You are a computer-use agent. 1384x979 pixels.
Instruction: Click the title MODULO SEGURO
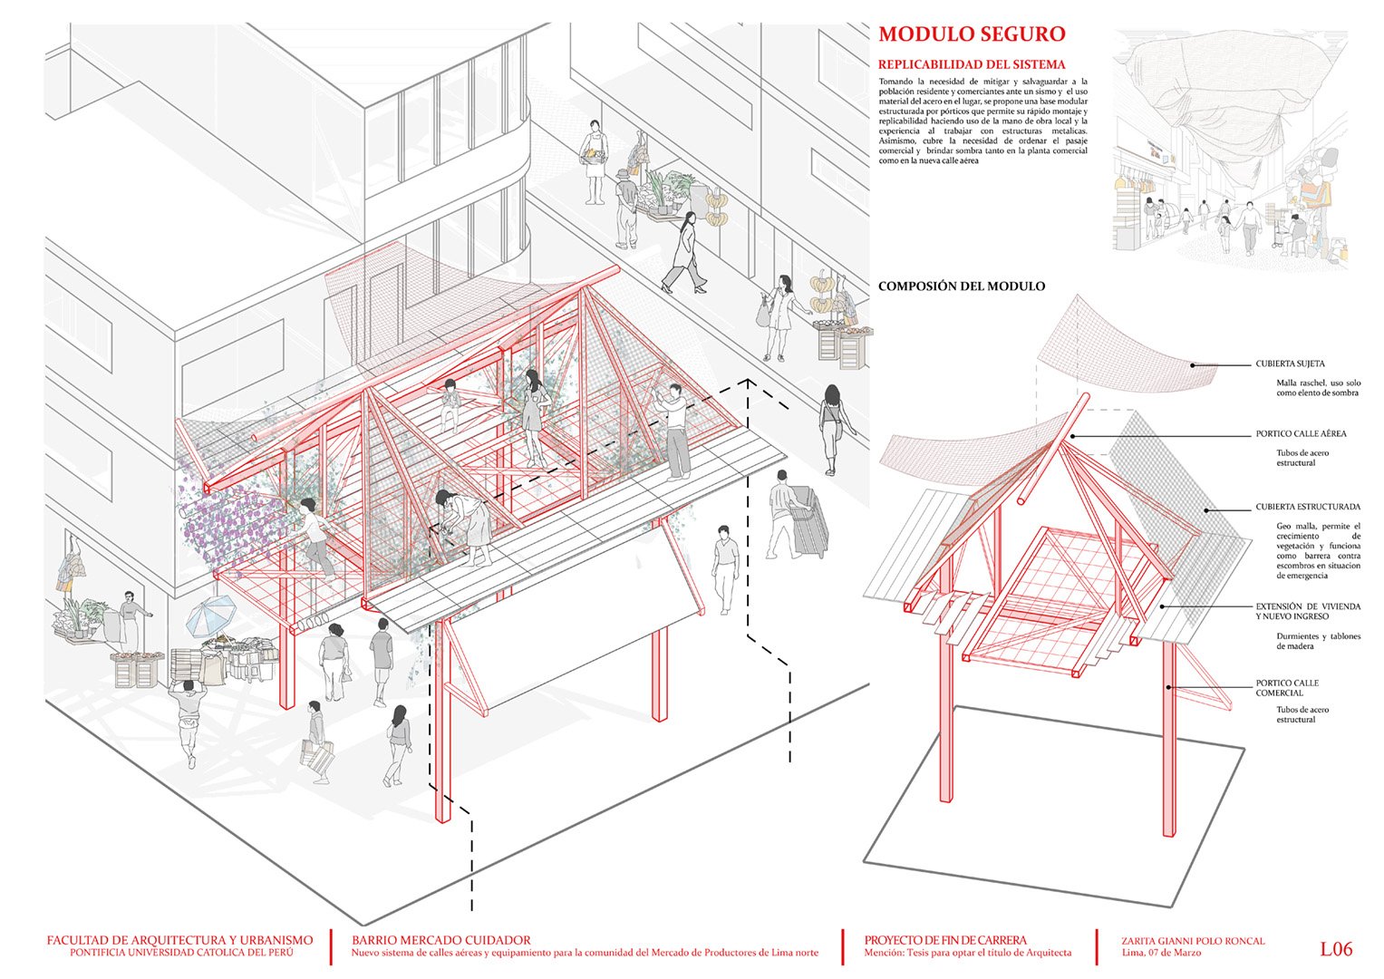[x=972, y=34]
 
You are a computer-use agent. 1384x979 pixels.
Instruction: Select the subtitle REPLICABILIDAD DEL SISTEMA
[x=972, y=65]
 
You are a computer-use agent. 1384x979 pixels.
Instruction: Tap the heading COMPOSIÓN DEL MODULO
[x=962, y=286]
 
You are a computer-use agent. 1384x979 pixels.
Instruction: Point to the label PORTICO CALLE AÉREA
[x=1301, y=434]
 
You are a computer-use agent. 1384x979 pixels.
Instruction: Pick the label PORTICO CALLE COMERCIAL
[x=1287, y=688]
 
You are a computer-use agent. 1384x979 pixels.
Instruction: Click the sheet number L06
[x=1336, y=949]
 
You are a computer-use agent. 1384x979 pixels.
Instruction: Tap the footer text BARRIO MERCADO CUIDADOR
[x=441, y=941]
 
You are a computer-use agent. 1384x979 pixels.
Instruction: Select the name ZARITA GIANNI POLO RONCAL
[x=1193, y=941]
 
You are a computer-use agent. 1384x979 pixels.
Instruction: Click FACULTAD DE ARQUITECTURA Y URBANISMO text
[x=179, y=941]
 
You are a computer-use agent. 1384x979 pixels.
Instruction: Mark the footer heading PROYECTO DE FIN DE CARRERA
[x=945, y=941]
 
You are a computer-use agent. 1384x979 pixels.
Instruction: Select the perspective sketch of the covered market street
[x=1230, y=150]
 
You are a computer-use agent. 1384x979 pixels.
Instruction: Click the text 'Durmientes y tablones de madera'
[x=1319, y=642]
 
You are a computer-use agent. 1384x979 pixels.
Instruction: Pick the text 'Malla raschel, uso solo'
[x=1319, y=383]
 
